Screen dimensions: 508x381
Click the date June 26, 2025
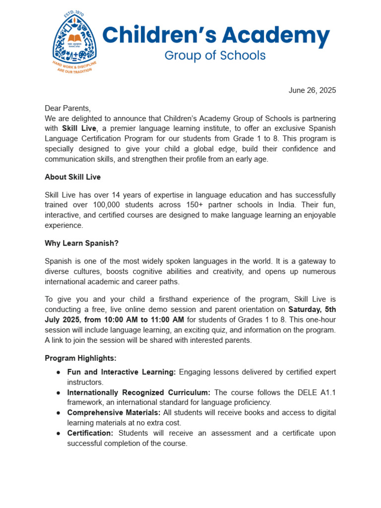coord(312,90)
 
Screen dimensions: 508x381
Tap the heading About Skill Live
coord(72,177)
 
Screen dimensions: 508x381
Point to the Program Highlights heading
coord(80,358)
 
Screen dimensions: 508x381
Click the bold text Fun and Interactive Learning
coord(122,372)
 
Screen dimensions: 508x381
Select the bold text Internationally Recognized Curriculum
coord(139,392)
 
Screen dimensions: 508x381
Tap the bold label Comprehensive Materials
coord(113,413)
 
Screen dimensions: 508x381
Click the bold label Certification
coord(90,433)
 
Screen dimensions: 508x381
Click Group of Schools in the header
coord(215,55)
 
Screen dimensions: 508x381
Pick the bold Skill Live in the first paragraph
coord(79,129)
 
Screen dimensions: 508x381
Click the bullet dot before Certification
coord(59,433)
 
